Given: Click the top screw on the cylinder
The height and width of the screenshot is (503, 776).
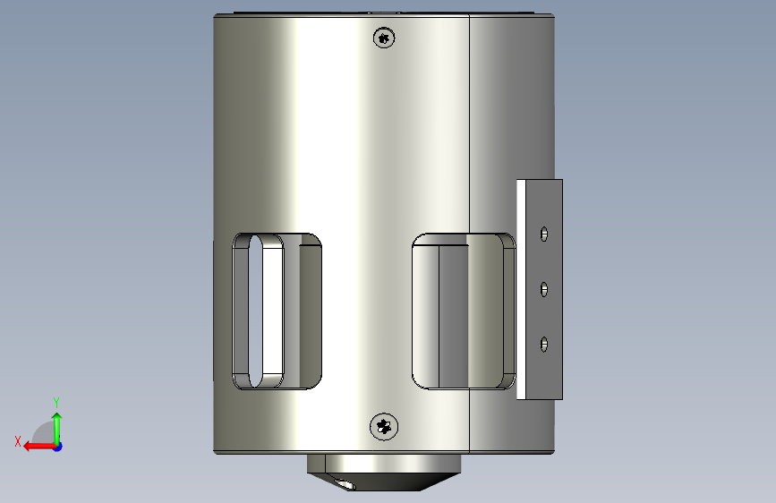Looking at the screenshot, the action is pos(384,38).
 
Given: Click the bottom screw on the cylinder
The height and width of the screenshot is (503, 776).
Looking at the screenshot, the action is pos(384,426).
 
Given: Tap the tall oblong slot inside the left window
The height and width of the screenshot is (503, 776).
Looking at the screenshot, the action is pos(255,311).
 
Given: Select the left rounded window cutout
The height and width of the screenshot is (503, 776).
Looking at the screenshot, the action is pos(277,311).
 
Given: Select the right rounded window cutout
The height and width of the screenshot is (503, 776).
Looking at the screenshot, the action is pos(464,311).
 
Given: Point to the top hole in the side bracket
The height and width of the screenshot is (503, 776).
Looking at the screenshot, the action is pos(544,234).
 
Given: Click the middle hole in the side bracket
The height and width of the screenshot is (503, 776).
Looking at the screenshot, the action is pos(544,289).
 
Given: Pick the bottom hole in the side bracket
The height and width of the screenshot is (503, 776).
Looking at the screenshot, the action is pos(544,344).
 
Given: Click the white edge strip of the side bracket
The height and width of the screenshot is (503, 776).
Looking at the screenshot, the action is pos(521,290).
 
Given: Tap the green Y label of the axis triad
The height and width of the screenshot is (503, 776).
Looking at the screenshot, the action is pos(56,402).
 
